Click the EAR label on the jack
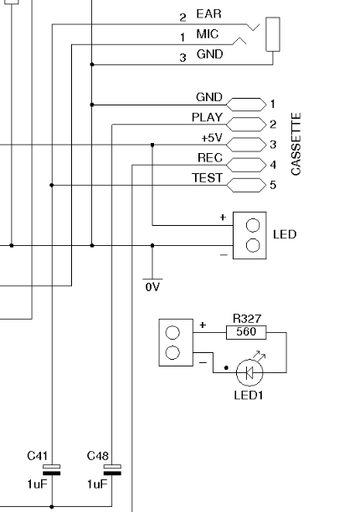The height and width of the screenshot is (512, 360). click(x=208, y=13)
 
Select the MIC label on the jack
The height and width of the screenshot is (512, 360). click(x=208, y=33)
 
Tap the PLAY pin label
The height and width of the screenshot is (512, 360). click(x=207, y=117)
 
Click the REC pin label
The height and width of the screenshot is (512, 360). click(x=210, y=158)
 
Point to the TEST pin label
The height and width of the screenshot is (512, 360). click(x=207, y=178)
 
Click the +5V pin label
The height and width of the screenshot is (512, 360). click(x=212, y=138)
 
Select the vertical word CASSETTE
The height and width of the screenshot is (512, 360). click(x=296, y=144)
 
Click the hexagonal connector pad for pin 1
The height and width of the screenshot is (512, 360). click(x=246, y=105)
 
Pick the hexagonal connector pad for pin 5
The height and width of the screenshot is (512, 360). click(x=246, y=185)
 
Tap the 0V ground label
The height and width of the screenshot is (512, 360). click(x=152, y=287)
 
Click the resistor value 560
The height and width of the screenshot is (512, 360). click(x=246, y=332)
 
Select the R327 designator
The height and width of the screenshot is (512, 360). click(x=247, y=318)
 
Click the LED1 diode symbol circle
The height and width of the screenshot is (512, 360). click(x=249, y=372)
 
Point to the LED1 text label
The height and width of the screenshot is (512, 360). click(x=249, y=395)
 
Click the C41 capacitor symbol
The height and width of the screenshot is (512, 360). click(x=52, y=469)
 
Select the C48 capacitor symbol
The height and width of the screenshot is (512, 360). click(x=112, y=469)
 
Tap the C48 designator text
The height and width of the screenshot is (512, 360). click(x=98, y=455)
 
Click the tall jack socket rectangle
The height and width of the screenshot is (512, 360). click(x=273, y=34)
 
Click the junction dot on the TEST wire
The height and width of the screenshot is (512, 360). click(x=52, y=185)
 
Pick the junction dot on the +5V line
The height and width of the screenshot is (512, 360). click(x=152, y=145)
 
